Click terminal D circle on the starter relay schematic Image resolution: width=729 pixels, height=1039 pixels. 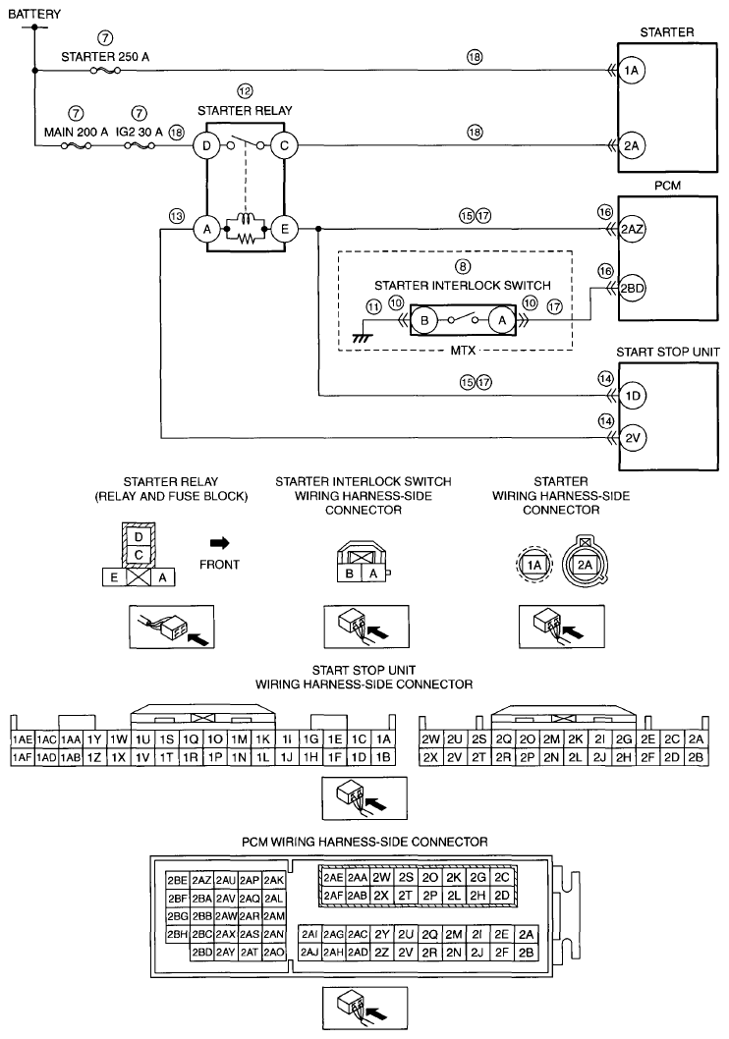[207, 146]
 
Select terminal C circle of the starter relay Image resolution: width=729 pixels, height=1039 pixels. [284, 146]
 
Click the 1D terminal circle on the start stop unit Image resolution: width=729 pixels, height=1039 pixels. [632, 396]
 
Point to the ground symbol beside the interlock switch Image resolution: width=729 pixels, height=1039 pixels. [360, 336]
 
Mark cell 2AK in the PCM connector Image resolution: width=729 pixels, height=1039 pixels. [274, 880]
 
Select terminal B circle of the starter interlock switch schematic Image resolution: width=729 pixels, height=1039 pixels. [427, 320]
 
